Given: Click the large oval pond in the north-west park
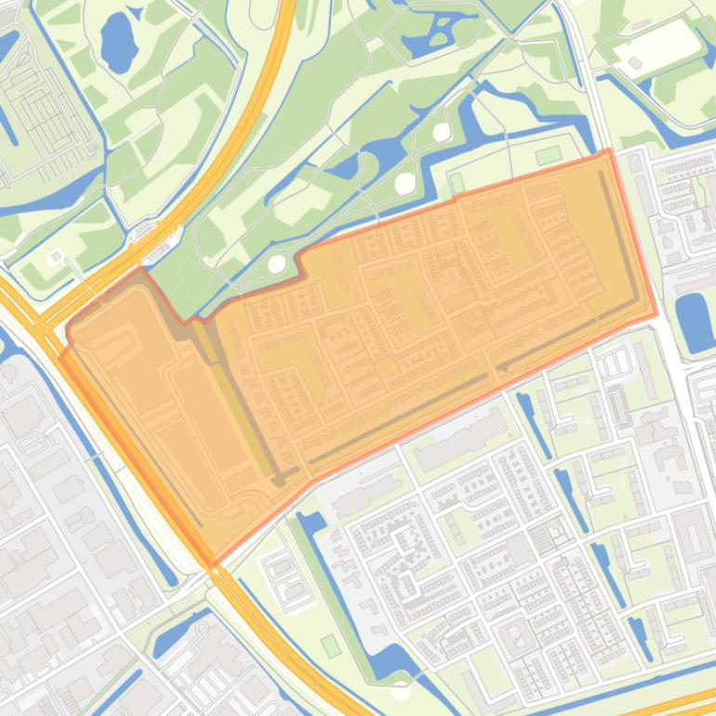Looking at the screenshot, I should [x=118, y=42].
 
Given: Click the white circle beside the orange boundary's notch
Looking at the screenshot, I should [x=277, y=264].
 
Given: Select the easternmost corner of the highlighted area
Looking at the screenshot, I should [x=656, y=314].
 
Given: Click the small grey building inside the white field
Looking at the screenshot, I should [x=635, y=62].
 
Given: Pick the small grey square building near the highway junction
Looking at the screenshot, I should [x=57, y=256].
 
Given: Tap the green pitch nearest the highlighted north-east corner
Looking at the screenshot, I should [x=549, y=153].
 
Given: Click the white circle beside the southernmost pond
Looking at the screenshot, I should [x=401, y=690].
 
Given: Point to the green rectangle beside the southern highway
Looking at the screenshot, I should [x=331, y=644].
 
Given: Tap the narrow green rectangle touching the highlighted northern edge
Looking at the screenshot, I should [x=457, y=183].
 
